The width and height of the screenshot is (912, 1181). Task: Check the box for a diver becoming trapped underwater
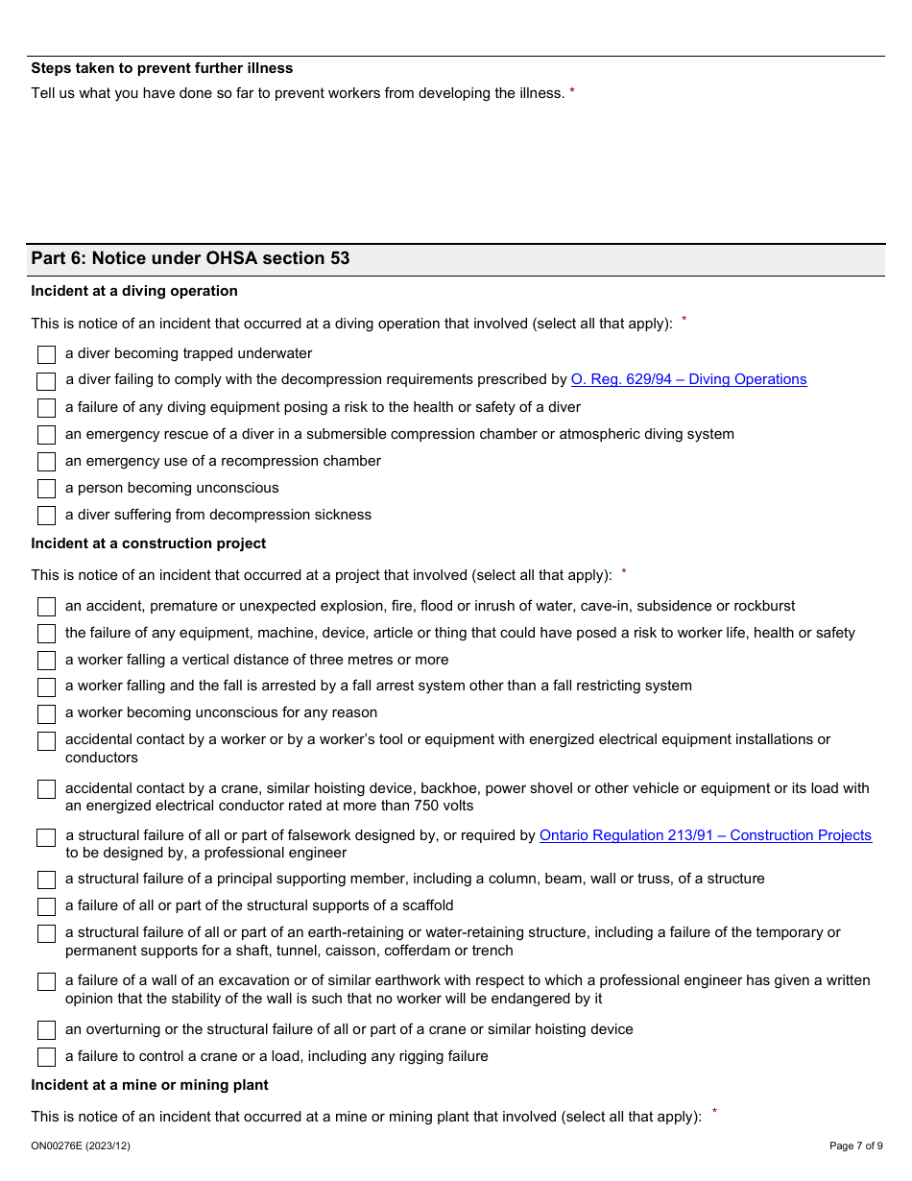46,354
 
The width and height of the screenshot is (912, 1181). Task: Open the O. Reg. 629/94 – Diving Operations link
688,379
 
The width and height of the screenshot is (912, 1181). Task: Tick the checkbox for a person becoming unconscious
46,489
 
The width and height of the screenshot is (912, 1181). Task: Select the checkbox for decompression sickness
46,516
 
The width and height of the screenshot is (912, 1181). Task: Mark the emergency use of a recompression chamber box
46,462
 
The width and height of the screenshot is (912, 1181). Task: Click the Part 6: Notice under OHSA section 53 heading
190,258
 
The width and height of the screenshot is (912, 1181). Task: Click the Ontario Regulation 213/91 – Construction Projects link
705,835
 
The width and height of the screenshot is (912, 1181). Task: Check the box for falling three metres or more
46,661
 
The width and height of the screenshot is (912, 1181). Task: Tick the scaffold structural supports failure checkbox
46,906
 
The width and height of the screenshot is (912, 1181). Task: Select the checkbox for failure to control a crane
46,1057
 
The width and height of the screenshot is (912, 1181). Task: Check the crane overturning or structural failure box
46,1030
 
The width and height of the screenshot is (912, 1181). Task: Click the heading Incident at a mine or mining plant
150,1085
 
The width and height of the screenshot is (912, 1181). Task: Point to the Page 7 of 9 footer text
855,1145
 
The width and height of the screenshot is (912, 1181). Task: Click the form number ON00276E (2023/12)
81,1145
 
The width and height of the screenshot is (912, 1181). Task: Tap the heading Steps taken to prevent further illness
162,68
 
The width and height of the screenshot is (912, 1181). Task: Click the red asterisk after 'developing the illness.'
572,92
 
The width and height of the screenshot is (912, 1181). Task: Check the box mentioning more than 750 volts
46,789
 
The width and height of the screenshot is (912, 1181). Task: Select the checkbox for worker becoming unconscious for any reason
46,714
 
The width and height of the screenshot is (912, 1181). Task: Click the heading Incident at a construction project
149,543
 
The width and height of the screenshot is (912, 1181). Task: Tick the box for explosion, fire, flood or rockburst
46,607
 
